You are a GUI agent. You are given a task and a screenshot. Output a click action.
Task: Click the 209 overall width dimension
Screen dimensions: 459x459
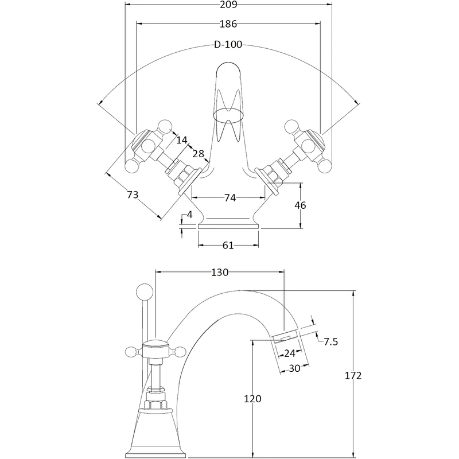[228, 5]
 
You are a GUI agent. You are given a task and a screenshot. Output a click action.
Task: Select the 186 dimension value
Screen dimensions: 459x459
[228, 24]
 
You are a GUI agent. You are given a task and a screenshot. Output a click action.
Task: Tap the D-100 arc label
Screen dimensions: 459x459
[228, 44]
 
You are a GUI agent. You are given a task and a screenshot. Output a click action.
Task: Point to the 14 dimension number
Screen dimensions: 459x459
[182, 139]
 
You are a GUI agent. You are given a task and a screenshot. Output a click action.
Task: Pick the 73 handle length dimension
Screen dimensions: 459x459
[133, 195]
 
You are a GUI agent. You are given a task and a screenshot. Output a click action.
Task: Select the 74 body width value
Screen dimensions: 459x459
[229, 198]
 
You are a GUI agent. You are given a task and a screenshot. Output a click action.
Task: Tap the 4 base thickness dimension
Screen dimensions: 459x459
[189, 216]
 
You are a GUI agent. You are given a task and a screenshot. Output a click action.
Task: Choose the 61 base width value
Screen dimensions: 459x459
[228, 245]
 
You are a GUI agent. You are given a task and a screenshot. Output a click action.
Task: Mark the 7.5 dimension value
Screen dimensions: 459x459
[331, 342]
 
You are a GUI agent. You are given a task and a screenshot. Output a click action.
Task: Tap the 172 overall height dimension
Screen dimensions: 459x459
[354, 376]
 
